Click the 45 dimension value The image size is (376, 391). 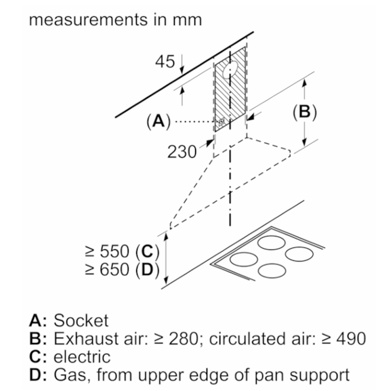pyautogui.click(x=165, y=62)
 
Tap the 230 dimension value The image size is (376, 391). pyautogui.click(x=182, y=152)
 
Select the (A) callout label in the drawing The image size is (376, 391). pyautogui.click(x=159, y=121)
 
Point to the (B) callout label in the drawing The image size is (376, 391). pyautogui.click(x=305, y=112)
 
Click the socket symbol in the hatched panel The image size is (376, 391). pyautogui.click(x=222, y=122)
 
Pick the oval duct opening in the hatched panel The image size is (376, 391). pyautogui.click(x=230, y=69)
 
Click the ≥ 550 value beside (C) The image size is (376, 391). pyautogui.click(x=107, y=251)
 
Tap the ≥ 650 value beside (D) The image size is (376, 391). pyautogui.click(x=107, y=270)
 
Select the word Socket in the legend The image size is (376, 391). pyautogui.click(x=81, y=321)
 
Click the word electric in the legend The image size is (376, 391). pyautogui.click(x=82, y=357)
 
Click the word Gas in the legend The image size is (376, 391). pyautogui.click(x=71, y=375)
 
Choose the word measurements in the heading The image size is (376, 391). pyautogui.click(x=88, y=20)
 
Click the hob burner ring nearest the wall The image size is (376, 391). pyautogui.click(x=271, y=243)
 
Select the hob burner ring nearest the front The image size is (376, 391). pyautogui.click(x=272, y=271)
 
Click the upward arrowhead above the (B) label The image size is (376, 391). pyautogui.click(x=304, y=83)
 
